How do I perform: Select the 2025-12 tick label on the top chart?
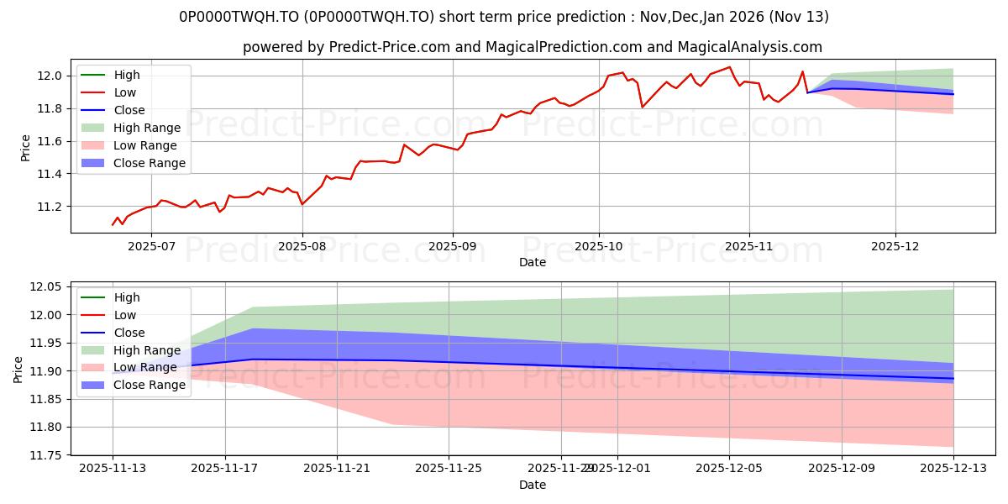[895, 246]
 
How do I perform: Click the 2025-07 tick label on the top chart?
[151, 246]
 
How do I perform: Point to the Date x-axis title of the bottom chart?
[533, 485]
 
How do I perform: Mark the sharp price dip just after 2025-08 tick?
[302, 204]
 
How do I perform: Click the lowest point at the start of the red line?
[113, 225]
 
